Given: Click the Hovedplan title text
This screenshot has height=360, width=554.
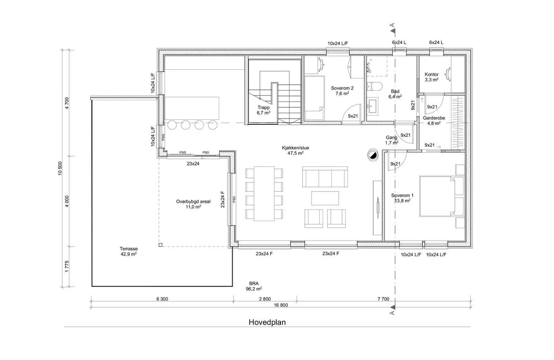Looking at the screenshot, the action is pyautogui.click(x=267, y=322).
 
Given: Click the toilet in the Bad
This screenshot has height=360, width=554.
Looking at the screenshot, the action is pyautogui.click(x=375, y=87).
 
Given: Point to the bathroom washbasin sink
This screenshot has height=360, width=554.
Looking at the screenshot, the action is pyautogui.click(x=373, y=107).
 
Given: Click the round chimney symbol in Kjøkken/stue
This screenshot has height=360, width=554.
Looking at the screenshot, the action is pyautogui.click(x=373, y=155).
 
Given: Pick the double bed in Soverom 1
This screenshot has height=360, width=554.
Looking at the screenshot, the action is pyautogui.click(x=437, y=196).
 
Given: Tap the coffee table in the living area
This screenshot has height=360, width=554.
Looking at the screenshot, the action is pyautogui.click(x=325, y=198).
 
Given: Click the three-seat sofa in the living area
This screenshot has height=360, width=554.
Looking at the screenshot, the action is pyautogui.click(x=325, y=177).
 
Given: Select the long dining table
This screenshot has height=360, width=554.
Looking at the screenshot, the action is pyautogui.click(x=264, y=193).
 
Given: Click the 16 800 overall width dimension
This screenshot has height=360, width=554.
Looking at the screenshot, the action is pyautogui.click(x=281, y=305).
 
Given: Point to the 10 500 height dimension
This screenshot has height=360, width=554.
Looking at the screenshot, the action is pyautogui.click(x=60, y=168).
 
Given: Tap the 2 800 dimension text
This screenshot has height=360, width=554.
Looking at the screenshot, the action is pyautogui.click(x=265, y=299).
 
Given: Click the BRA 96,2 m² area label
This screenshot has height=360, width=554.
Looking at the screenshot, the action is pyautogui.click(x=254, y=286).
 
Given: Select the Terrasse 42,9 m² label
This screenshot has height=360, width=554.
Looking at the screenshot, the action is pyautogui.click(x=128, y=251).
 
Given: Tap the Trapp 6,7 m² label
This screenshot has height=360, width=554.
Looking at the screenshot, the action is pyautogui.click(x=263, y=110).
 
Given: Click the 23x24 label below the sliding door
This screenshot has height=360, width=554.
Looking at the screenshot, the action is pyautogui.click(x=193, y=164).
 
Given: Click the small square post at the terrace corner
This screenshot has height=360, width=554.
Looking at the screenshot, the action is pyautogui.click(x=161, y=245).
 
